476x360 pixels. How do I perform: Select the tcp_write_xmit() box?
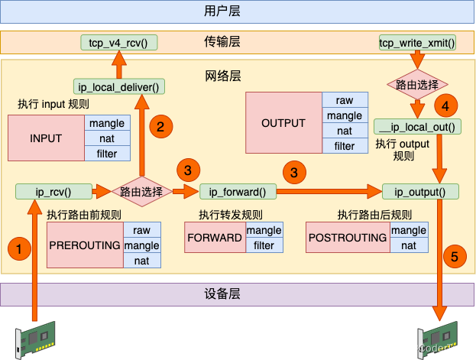pyautogui.click(x=417, y=42)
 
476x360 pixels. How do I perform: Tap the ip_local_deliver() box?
pyautogui.click(x=119, y=86)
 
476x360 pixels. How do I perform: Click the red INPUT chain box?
pyautogui.click(x=46, y=138)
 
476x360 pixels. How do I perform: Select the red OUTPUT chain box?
pyautogui.click(x=283, y=123)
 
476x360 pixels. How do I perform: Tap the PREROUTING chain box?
pyautogui.click(x=85, y=245)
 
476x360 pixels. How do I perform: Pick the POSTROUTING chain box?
pyautogui.click(x=348, y=238)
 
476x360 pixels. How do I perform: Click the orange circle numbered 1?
pyautogui.click(x=20, y=248)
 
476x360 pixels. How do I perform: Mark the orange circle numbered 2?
pyautogui.click(x=160, y=127)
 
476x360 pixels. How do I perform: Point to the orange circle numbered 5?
pyautogui.click(x=454, y=258)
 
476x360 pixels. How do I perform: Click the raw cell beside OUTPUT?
pyautogui.click(x=345, y=100)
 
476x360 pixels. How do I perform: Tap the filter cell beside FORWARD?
pyautogui.click(x=264, y=245)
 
